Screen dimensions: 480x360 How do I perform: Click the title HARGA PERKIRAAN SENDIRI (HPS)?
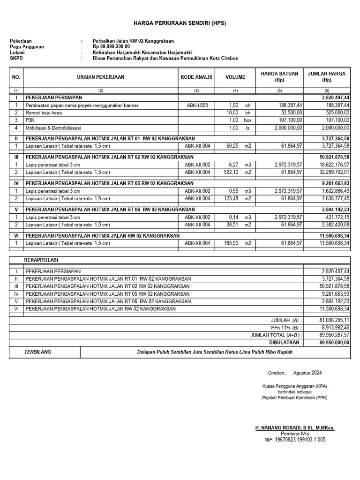tap(180, 23)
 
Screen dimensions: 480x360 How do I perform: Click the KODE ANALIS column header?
tap(196, 77)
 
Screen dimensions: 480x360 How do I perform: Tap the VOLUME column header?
tap(235, 77)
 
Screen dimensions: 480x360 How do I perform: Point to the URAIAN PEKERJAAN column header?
tap(100, 77)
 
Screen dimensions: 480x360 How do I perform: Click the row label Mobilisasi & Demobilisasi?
tap(53, 128)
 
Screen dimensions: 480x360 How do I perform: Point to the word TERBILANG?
tap(37, 352)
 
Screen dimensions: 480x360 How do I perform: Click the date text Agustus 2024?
tap(307, 373)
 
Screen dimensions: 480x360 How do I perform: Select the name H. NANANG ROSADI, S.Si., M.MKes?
tap(295, 428)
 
